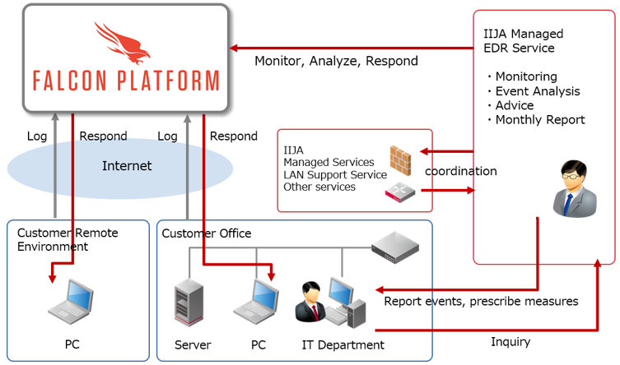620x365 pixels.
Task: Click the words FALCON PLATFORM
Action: (x=126, y=81)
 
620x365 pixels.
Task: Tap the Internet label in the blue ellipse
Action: (x=127, y=166)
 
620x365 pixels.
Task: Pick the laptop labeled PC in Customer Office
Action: (x=257, y=301)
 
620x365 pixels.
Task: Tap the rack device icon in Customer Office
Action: (x=394, y=245)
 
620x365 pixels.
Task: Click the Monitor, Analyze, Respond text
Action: (x=336, y=61)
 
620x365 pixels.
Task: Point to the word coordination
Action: (x=460, y=171)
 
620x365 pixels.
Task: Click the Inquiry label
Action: (x=510, y=341)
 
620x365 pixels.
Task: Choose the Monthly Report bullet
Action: (x=539, y=119)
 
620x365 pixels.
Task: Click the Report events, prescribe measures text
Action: (x=481, y=302)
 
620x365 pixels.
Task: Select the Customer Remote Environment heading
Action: (x=67, y=239)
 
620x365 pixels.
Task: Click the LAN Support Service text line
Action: (x=334, y=174)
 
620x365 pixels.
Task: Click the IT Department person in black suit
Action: (x=311, y=303)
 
